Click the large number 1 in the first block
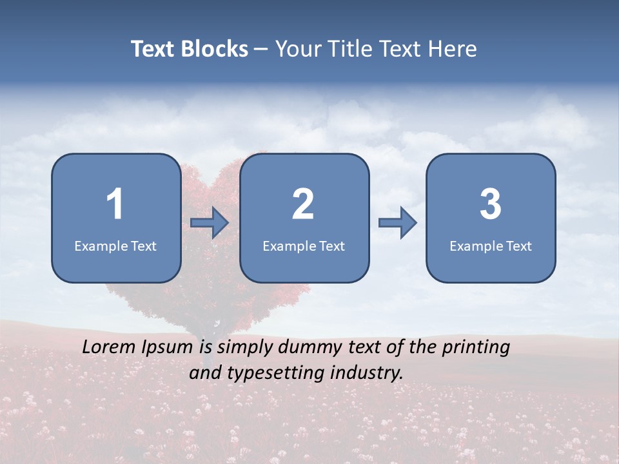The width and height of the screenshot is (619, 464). tap(115, 204)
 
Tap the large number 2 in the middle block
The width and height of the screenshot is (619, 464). tap(303, 204)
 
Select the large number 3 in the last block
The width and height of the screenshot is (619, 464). tap(490, 204)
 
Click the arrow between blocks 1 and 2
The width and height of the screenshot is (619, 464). tap(210, 223)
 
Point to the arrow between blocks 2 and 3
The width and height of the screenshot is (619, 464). tap(397, 223)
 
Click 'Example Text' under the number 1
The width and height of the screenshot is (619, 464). tap(115, 246)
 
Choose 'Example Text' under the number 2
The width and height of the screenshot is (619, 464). tap(304, 246)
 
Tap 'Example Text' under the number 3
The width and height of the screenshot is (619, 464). tap(491, 246)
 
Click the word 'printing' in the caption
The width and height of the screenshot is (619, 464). tap(476, 348)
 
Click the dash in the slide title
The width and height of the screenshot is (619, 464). tap(261, 49)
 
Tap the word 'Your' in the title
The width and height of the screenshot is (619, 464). tap(296, 49)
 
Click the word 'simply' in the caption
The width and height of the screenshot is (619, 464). tap(246, 348)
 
